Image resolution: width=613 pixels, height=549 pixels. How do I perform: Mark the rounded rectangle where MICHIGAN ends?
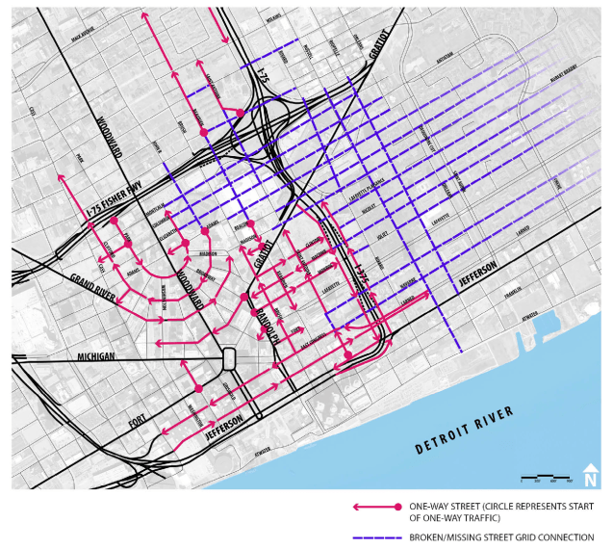tap(230, 358)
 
